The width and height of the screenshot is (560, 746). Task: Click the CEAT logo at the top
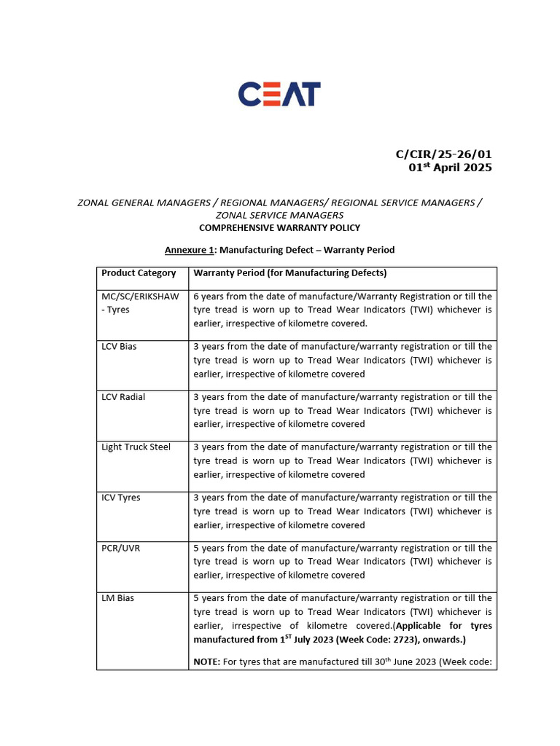tap(280, 94)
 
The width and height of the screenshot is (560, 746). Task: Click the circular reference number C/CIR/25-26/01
tap(443, 154)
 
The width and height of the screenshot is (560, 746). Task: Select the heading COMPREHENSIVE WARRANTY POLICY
tap(280, 228)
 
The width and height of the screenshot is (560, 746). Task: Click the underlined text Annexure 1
tap(190, 250)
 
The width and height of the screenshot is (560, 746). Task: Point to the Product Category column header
tap(139, 273)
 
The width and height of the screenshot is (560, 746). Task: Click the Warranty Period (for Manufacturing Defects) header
tap(289, 273)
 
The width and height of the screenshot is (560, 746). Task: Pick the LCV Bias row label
tap(119, 347)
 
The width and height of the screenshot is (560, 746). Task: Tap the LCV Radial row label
tap(123, 397)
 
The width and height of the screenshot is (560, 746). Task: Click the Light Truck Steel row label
tap(136, 447)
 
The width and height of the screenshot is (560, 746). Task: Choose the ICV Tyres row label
tap(121, 498)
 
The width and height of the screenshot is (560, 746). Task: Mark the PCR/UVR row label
tap(121, 548)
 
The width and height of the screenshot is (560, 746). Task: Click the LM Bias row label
tap(117, 598)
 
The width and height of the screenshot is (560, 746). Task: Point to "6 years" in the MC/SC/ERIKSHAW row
tap(209, 297)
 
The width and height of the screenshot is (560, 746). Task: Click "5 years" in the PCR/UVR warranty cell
tap(209, 548)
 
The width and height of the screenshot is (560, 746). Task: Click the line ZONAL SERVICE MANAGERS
tap(280, 215)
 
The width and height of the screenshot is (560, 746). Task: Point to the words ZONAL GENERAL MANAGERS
tap(144, 203)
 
